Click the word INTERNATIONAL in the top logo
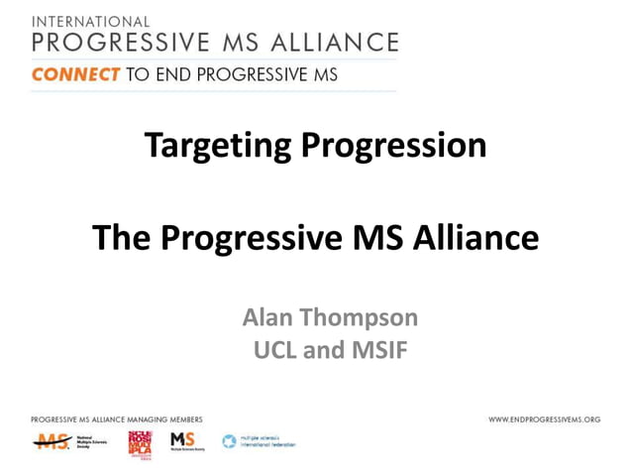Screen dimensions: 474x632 tap(91, 21)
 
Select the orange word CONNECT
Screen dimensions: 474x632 tap(75, 74)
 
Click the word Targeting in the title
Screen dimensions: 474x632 tap(218, 146)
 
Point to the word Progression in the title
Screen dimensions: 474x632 tap(393, 146)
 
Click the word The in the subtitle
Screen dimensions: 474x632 tap(121, 238)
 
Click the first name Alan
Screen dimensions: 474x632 tap(268, 318)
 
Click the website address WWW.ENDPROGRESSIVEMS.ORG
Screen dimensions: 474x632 tap(544, 419)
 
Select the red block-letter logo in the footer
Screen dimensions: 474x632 tap(140, 443)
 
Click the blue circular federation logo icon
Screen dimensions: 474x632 tap(229, 441)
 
